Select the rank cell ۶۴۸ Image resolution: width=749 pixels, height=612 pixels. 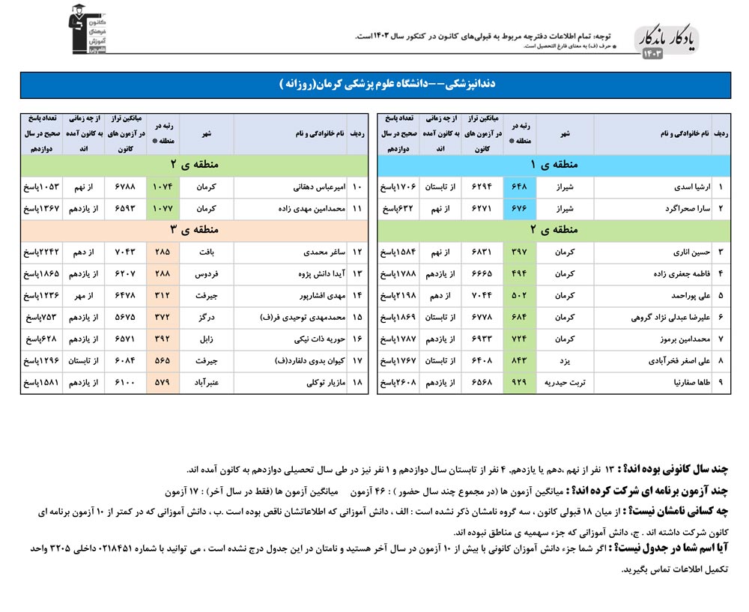pyautogui.click(x=520, y=187)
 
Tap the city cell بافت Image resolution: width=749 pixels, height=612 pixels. pyautogui.click(x=207, y=253)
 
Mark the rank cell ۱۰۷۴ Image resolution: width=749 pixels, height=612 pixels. pyautogui.click(x=163, y=187)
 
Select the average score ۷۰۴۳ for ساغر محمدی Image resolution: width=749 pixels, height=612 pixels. pyautogui.click(x=124, y=253)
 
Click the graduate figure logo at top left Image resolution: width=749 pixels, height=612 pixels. pyautogui.click(x=88, y=30)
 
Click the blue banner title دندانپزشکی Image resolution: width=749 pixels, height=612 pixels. pyautogui.click(x=374, y=85)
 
